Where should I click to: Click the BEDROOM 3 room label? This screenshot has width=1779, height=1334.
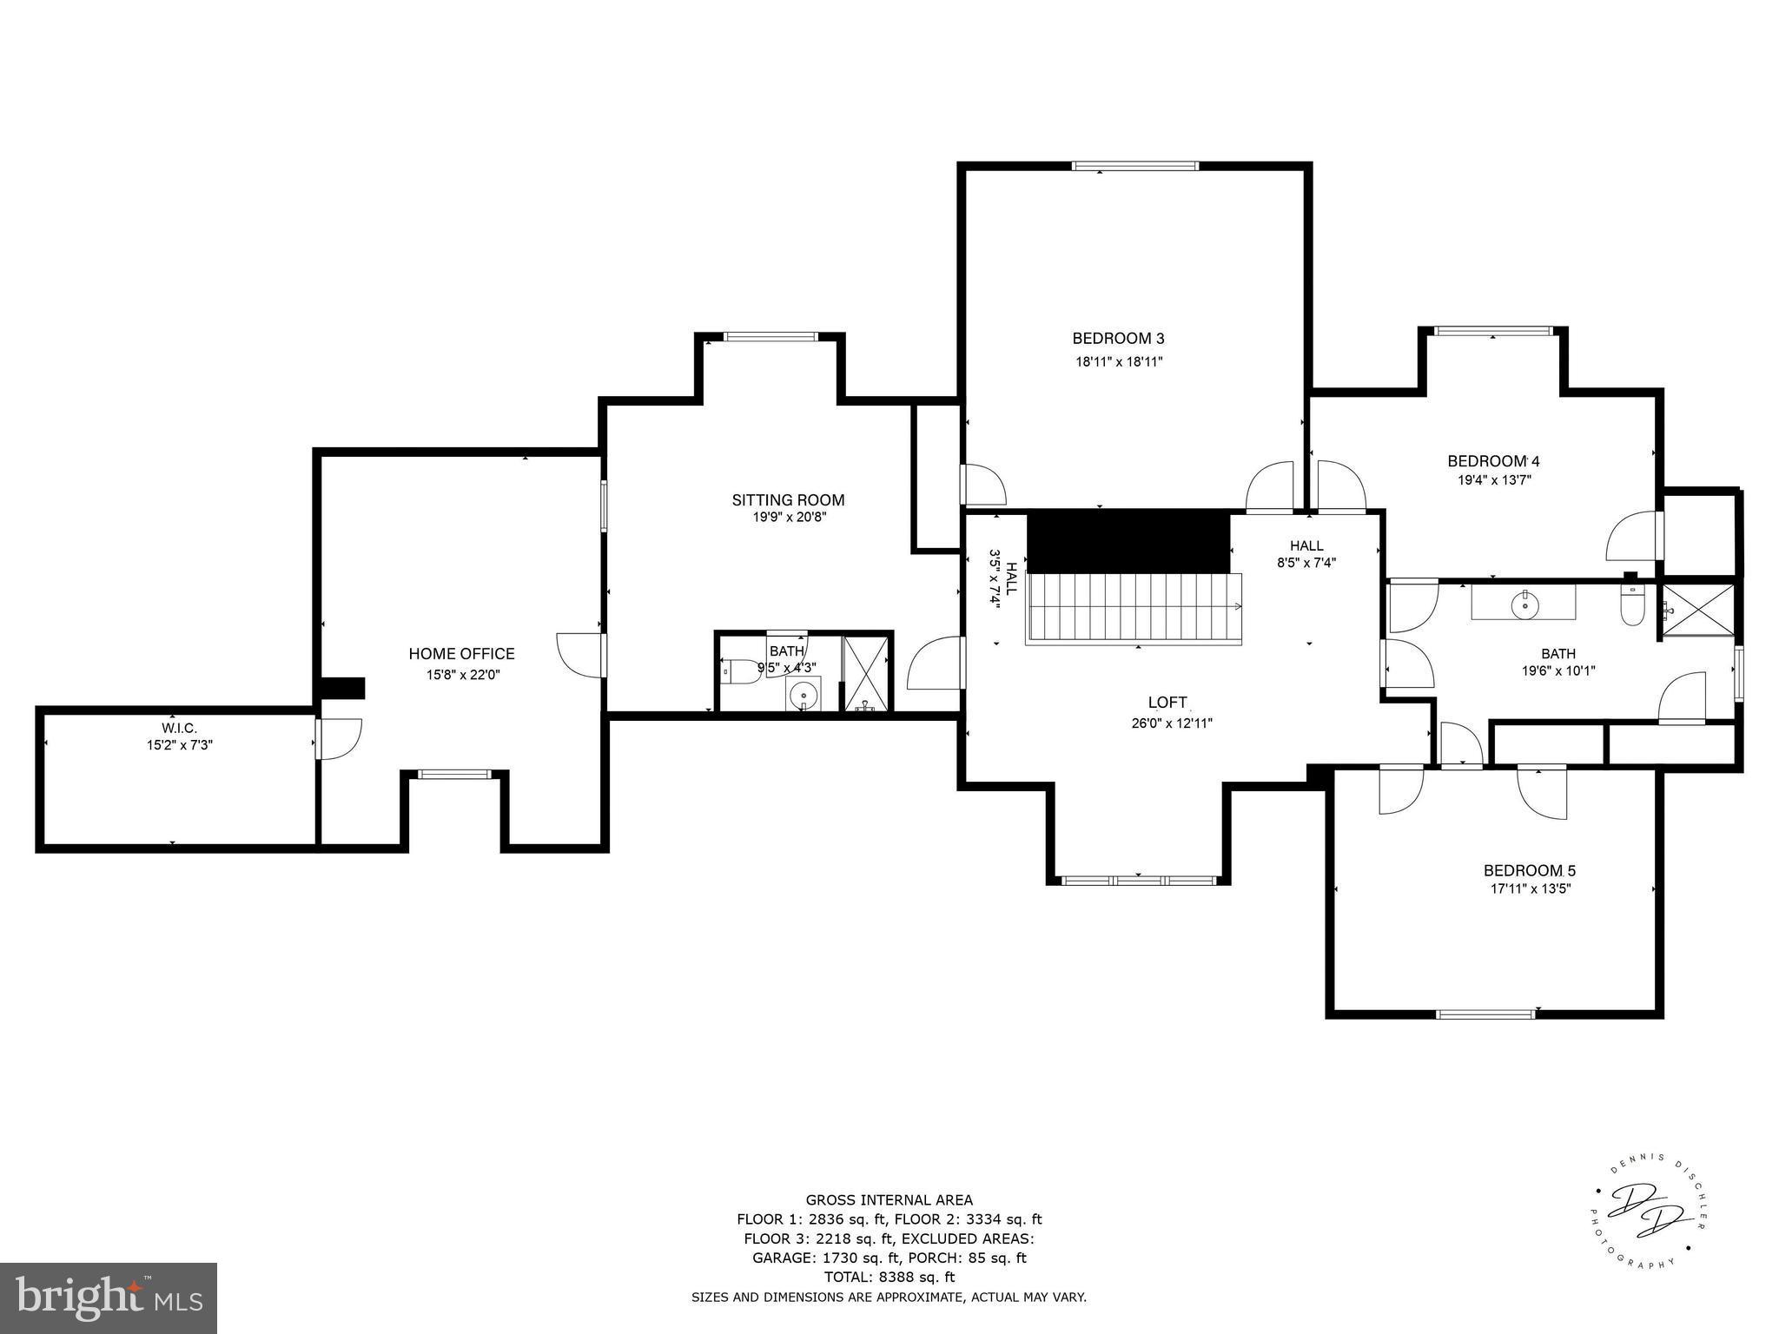1118,339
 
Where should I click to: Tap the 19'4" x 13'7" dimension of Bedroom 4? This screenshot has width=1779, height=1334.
1493,479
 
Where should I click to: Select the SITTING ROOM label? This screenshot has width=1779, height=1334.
788,500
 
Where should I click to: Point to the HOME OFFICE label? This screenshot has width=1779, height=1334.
461,654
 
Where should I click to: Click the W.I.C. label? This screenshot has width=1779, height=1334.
179,728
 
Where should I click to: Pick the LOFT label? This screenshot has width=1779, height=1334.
1167,703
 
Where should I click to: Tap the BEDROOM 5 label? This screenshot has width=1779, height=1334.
1529,870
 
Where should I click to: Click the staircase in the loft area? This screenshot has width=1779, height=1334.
1134,608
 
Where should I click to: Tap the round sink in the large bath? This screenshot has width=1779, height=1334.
1524,604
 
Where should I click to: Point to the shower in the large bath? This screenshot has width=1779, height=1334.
1698,611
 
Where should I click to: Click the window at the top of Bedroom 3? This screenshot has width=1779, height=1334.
1134,166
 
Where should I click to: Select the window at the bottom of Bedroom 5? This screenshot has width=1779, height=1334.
1486,1014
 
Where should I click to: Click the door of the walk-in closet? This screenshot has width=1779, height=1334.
337,738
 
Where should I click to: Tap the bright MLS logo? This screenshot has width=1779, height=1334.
109,1298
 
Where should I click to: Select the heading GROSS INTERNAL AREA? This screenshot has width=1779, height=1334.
889,1200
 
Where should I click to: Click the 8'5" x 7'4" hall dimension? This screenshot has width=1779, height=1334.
1306,562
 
